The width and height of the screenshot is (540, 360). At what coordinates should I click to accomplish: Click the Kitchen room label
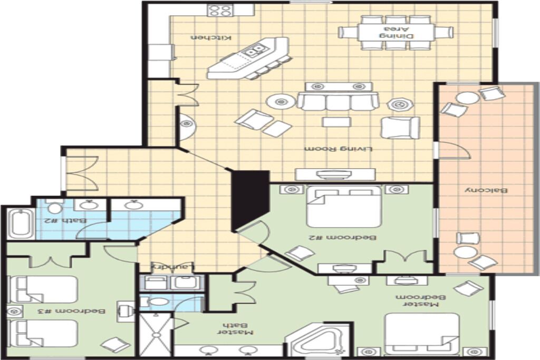[211, 37]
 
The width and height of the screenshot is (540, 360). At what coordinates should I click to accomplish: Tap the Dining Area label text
[397, 32]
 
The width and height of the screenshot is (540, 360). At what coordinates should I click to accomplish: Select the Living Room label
[339, 149]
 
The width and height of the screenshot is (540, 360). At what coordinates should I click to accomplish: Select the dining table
[396, 32]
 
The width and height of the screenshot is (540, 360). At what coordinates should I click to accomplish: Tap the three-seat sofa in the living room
[338, 101]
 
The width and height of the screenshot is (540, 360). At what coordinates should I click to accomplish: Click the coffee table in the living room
[336, 122]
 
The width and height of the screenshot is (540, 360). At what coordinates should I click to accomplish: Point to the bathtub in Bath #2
[21, 223]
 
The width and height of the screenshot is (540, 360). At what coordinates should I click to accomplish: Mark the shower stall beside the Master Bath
[155, 334]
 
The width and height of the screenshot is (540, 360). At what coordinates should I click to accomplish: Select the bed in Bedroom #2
[344, 206]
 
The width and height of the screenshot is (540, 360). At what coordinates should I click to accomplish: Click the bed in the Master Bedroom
[422, 334]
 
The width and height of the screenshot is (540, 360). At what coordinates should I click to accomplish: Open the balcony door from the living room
[453, 150]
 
